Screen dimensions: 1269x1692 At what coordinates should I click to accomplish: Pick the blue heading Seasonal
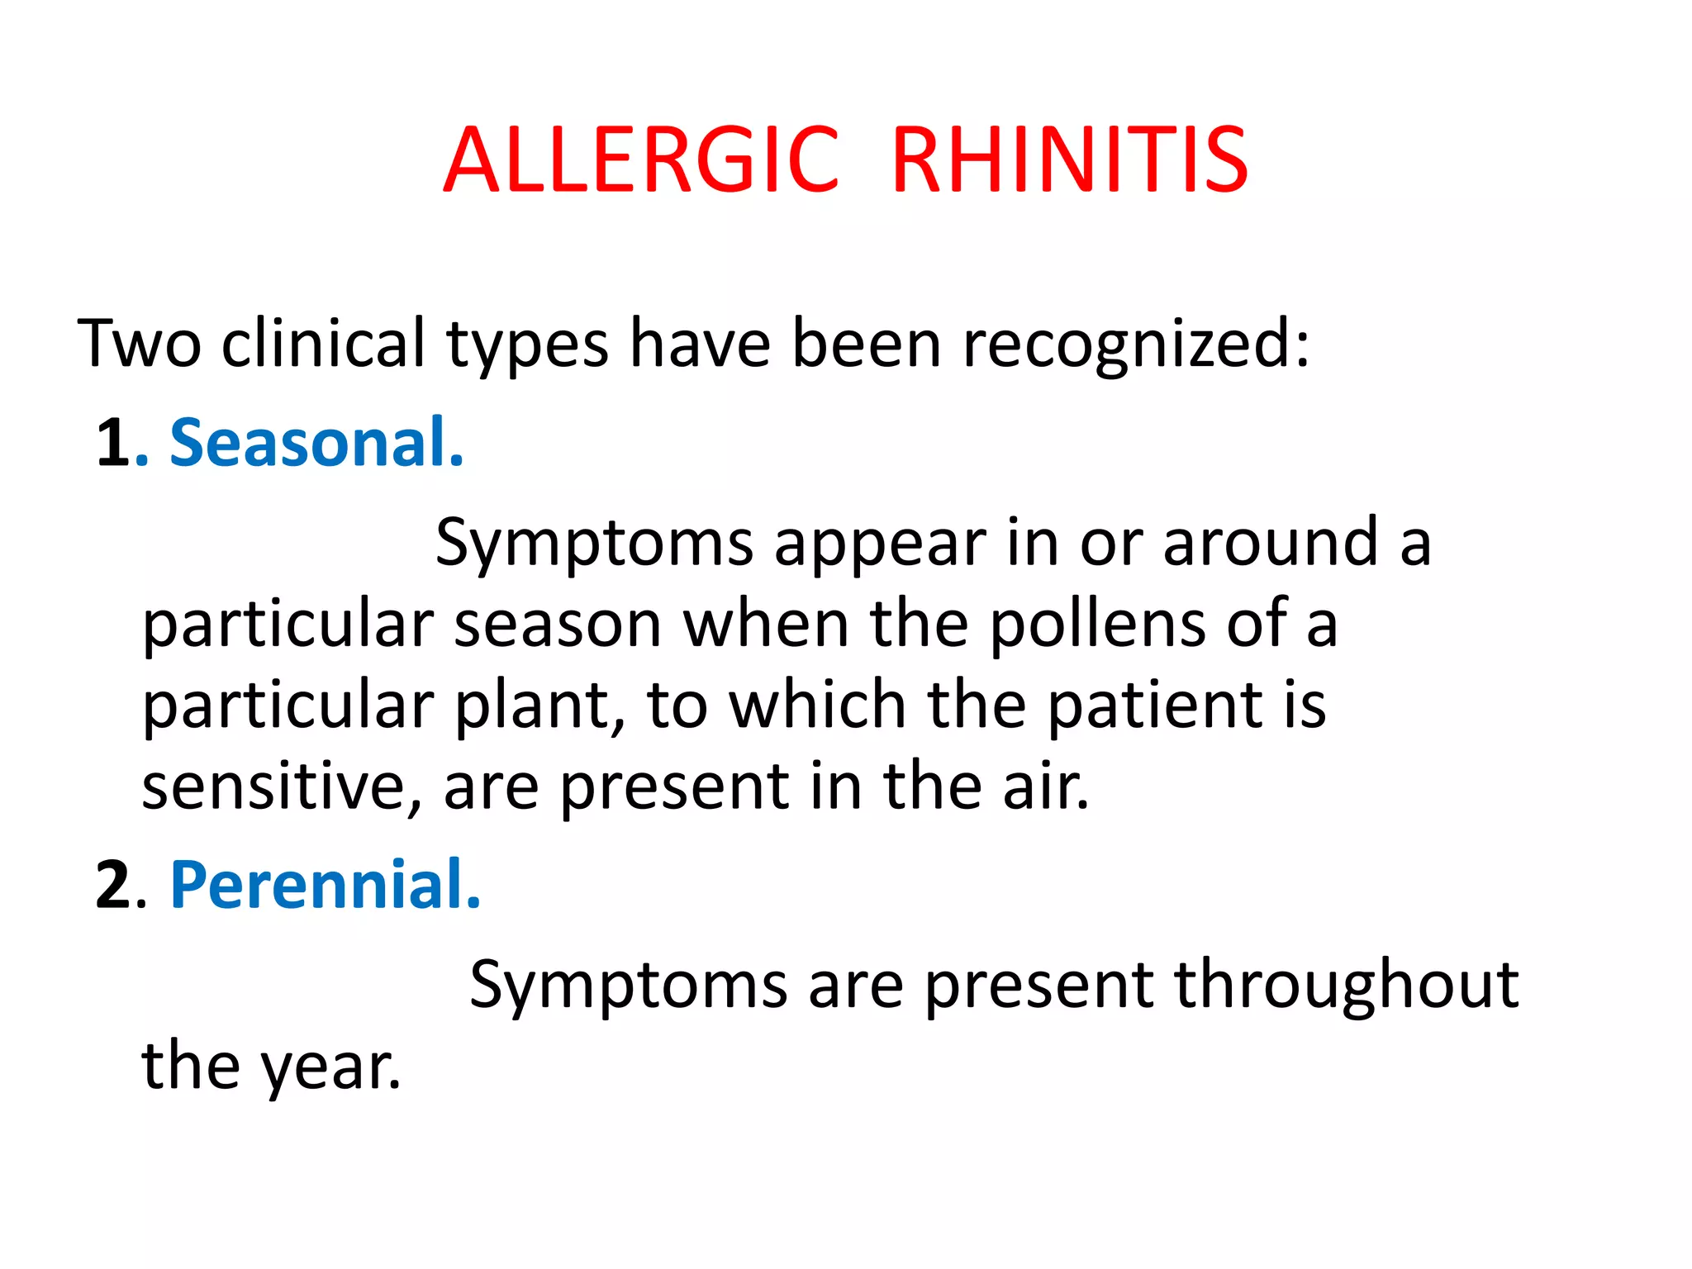coord(316,444)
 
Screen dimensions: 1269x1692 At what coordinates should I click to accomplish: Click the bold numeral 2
coord(113,885)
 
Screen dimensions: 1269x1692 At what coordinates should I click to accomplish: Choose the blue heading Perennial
coord(325,885)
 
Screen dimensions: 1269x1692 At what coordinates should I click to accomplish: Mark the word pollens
coord(1098,624)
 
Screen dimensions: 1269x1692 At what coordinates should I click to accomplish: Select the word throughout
coord(1346,986)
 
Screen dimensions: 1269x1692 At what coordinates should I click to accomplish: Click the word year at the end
coord(331,1067)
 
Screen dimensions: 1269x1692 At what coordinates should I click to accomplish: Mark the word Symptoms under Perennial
coord(628,986)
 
